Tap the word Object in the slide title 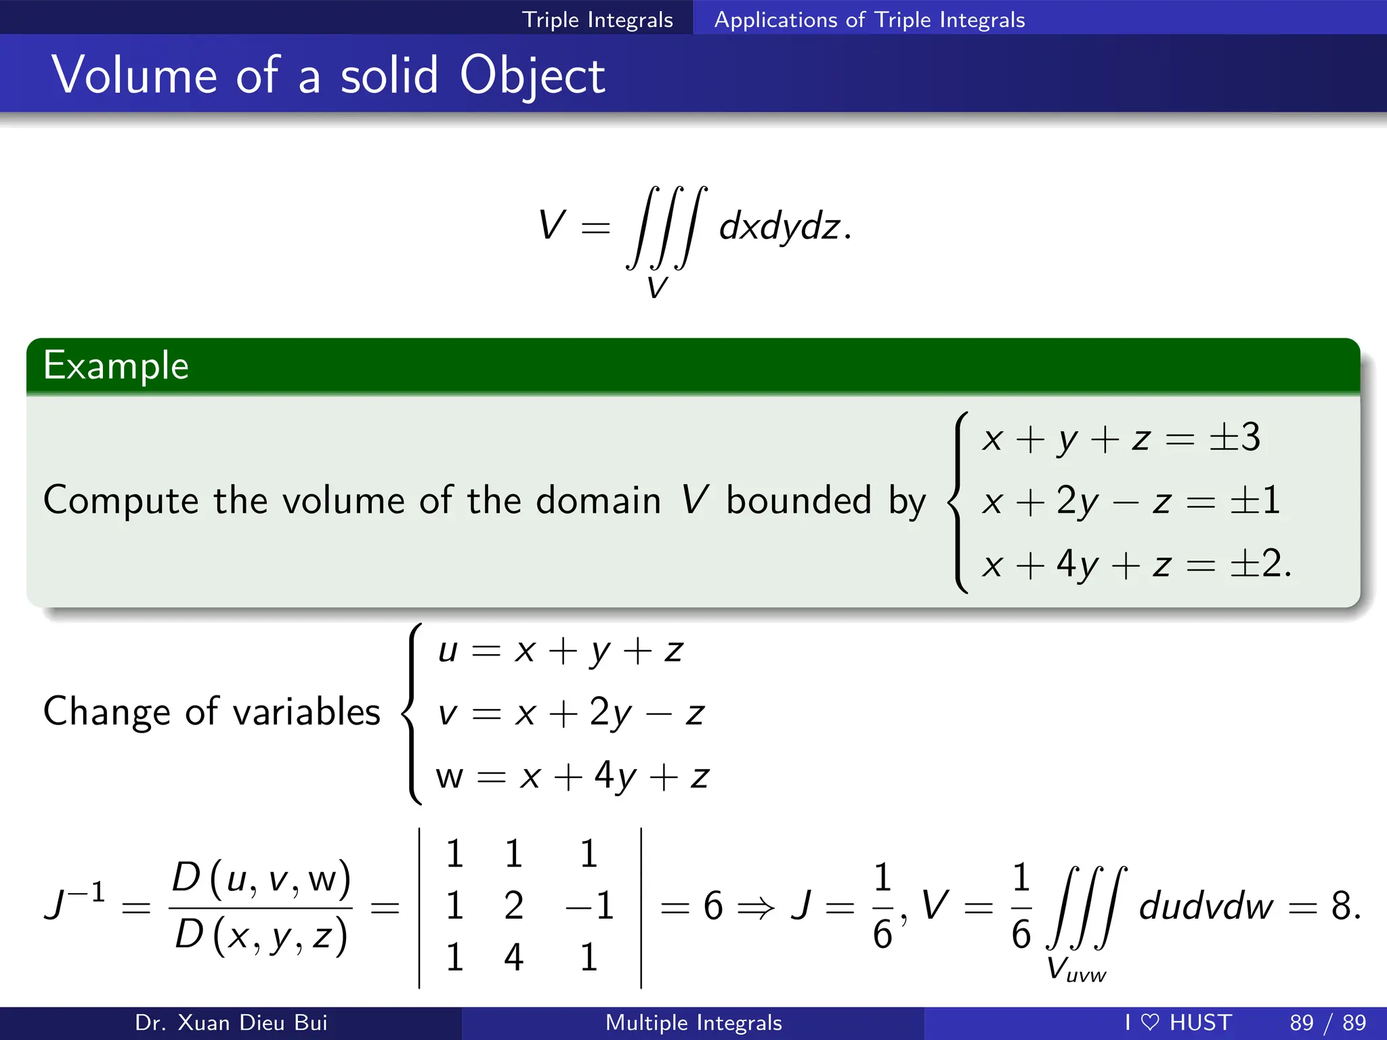[x=532, y=76]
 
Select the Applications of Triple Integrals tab [x=870, y=20]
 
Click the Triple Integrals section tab [x=597, y=20]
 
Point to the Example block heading [x=116, y=366]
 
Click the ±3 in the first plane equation [x=1235, y=437]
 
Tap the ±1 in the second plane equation [x=1255, y=500]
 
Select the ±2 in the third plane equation [x=1255, y=563]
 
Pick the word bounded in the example [x=798, y=501]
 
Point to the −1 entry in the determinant [x=589, y=905]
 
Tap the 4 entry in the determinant [x=513, y=957]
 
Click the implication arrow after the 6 [x=755, y=907]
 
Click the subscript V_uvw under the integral [x=1075, y=970]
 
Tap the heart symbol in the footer [x=1150, y=1022]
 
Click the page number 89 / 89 [x=1327, y=1022]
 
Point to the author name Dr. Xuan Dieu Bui [x=231, y=1022]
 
